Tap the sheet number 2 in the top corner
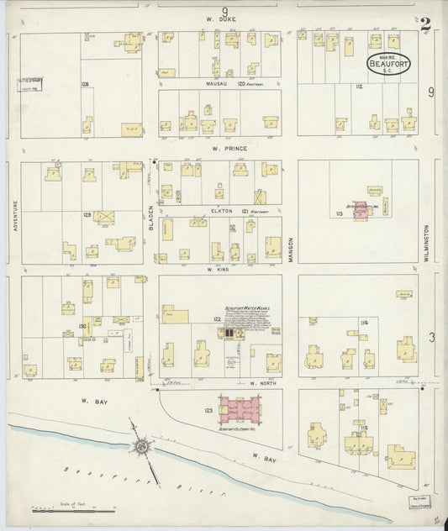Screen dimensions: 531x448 (425, 24)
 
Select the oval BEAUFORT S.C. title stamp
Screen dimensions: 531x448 (387, 64)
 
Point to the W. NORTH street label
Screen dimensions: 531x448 (263, 383)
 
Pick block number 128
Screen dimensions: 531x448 (85, 85)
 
